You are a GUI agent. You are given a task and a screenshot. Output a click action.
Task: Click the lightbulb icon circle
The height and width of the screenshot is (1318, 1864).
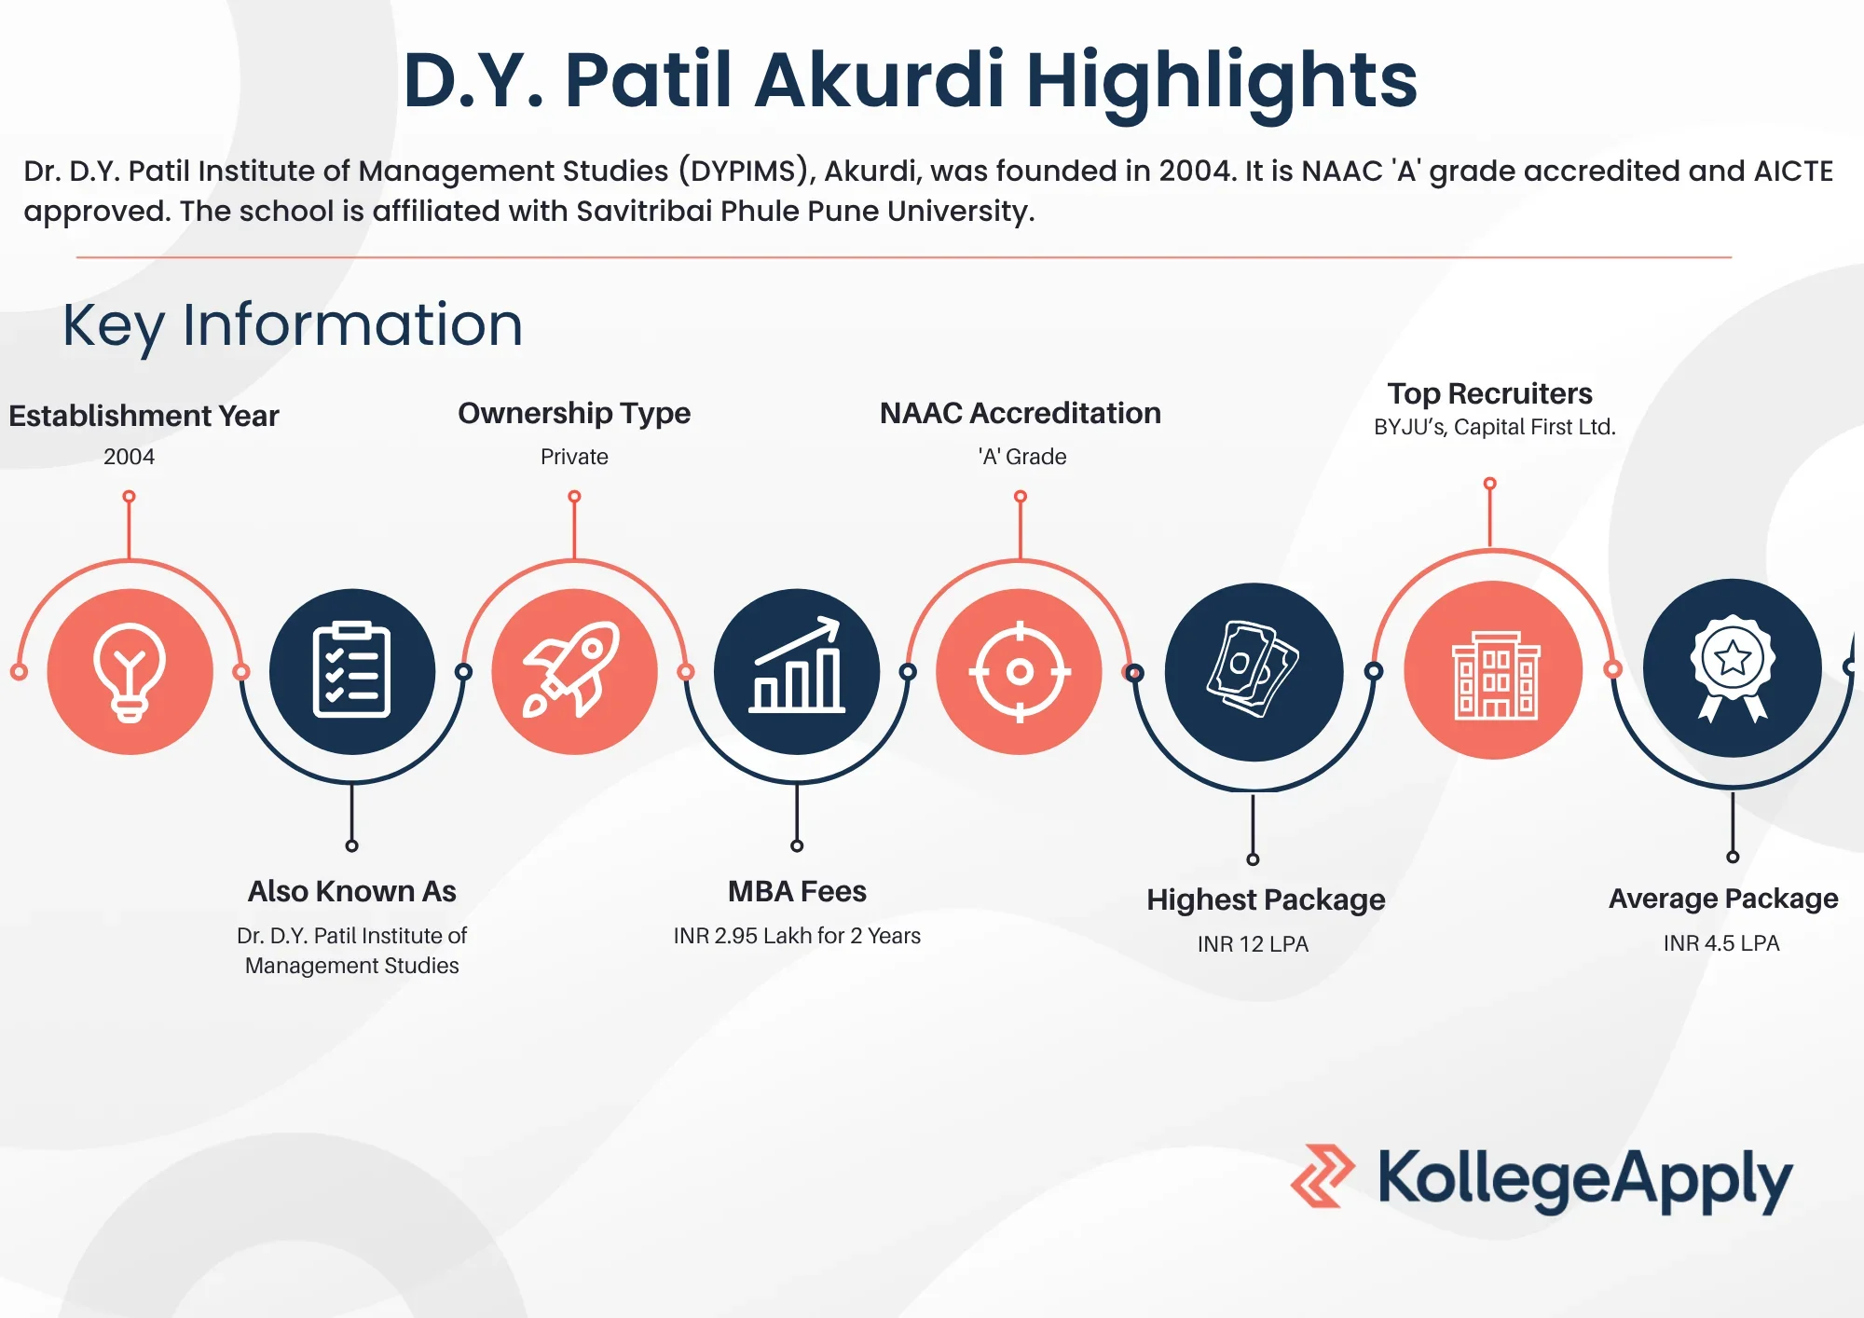point(130,671)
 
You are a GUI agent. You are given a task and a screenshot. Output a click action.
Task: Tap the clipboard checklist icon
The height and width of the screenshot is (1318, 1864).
point(351,670)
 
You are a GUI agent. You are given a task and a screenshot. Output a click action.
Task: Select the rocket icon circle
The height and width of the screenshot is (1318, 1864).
point(574,671)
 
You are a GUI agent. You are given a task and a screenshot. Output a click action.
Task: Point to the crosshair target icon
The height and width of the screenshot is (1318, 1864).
point(1020,671)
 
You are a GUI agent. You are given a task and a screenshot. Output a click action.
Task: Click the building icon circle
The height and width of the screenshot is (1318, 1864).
point(1493,670)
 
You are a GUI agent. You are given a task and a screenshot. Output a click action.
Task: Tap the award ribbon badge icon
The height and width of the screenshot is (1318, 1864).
point(1733,667)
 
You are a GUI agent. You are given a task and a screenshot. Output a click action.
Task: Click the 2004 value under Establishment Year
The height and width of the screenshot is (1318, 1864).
point(129,457)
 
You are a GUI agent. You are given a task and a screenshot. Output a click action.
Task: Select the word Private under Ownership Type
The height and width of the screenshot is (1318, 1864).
point(574,457)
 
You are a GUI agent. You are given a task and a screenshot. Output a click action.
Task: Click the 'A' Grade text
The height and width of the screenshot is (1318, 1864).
point(1022,457)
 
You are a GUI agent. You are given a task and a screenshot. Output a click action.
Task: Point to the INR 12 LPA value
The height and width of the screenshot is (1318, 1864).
point(1253,944)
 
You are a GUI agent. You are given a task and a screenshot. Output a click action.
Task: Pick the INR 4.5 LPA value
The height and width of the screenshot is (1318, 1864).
point(1721,943)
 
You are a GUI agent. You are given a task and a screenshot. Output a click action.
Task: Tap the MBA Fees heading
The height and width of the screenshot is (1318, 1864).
point(797,892)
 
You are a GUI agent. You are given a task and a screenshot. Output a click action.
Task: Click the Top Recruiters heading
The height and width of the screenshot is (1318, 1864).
point(1489,393)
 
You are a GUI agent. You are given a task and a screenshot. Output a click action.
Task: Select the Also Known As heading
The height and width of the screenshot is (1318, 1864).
point(351,892)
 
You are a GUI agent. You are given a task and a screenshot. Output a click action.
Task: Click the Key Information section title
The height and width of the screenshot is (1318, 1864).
point(293,325)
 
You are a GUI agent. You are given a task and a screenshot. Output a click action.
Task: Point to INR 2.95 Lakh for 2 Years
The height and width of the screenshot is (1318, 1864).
point(797,936)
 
